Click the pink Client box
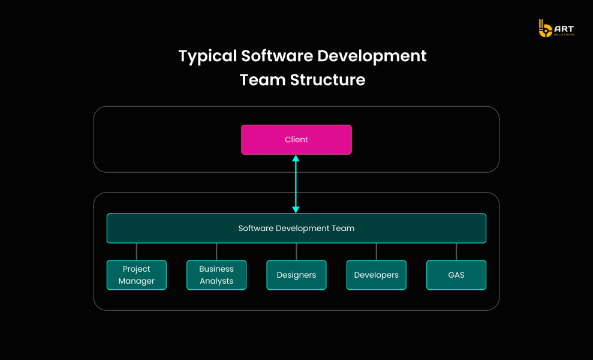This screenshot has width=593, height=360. (x=296, y=140)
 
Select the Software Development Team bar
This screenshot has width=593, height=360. (x=296, y=229)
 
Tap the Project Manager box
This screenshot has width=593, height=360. (x=137, y=275)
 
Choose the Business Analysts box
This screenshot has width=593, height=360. (x=216, y=275)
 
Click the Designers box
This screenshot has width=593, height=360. (x=296, y=275)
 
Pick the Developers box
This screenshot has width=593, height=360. (x=377, y=275)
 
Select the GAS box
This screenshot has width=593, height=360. (x=456, y=275)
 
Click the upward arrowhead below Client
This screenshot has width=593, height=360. (x=296, y=159)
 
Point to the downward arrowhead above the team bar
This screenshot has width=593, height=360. (x=296, y=209)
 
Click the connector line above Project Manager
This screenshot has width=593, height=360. (x=137, y=251)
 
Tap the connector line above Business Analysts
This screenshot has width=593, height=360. (x=216, y=251)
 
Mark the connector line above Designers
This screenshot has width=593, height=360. (x=296, y=251)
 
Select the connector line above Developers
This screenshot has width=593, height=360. (x=377, y=251)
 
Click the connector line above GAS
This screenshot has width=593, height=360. (x=456, y=251)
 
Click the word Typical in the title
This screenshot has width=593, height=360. (x=207, y=56)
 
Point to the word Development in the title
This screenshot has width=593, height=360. (x=372, y=56)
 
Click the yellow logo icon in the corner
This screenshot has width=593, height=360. (x=545, y=29)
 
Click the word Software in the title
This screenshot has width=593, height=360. (x=276, y=56)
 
